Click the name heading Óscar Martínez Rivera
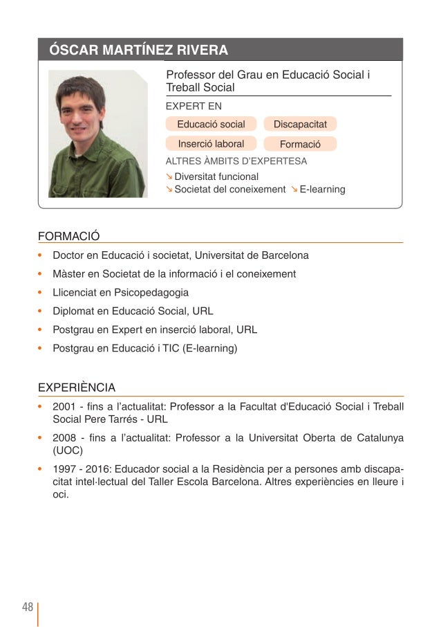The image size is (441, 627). [138, 51]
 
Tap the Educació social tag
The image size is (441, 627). [211, 125]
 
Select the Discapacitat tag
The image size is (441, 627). [300, 125]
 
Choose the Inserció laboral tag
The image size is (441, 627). [211, 144]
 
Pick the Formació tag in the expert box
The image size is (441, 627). [300, 145]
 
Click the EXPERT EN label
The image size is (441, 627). [194, 107]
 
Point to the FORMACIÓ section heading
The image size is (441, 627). [69, 236]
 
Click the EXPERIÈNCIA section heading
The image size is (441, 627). [77, 388]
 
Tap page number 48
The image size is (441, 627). [28, 607]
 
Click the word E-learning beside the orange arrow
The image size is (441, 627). [322, 189]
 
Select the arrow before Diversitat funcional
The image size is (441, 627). [169, 176]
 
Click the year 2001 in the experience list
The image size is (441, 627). [64, 406]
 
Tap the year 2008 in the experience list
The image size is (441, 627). [64, 438]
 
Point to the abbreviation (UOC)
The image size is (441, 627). [68, 451]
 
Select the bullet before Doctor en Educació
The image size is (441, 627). [41, 255]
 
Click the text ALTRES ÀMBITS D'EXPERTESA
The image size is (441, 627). [236, 161]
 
